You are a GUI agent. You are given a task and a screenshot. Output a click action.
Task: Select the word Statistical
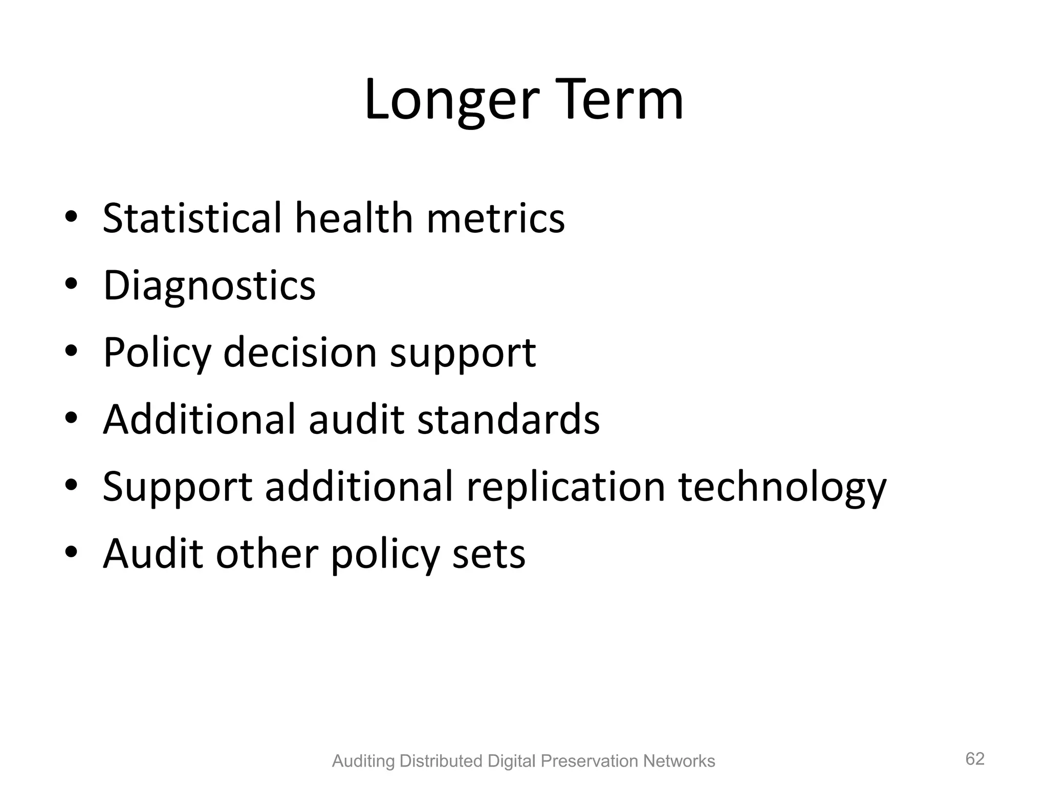192,218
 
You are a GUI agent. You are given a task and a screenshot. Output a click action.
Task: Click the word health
354,218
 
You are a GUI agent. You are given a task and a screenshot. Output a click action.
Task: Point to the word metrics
495,218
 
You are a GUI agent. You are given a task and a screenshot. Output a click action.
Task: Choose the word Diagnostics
209,286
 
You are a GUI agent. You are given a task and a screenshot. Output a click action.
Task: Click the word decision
300,353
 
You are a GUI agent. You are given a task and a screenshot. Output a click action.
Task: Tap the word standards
508,420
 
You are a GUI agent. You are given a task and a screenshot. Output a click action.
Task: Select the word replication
566,487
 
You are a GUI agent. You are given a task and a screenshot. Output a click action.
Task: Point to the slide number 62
975,759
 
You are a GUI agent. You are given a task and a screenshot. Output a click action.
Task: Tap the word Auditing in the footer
363,761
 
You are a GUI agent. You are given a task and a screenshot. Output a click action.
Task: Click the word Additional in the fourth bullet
200,420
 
